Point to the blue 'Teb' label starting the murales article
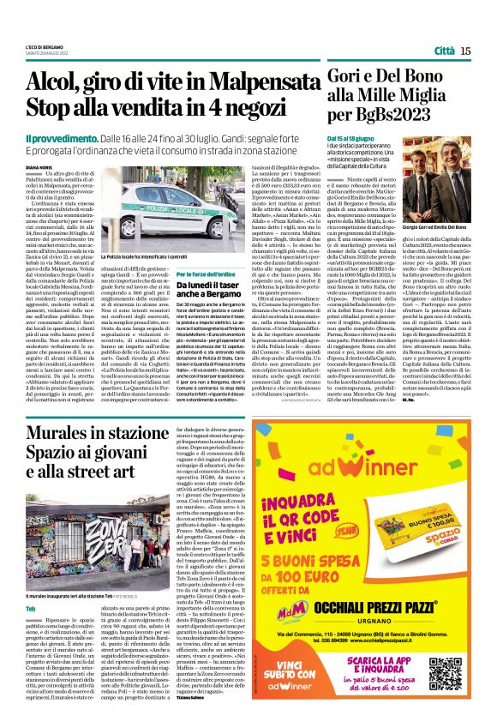(32, 583)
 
